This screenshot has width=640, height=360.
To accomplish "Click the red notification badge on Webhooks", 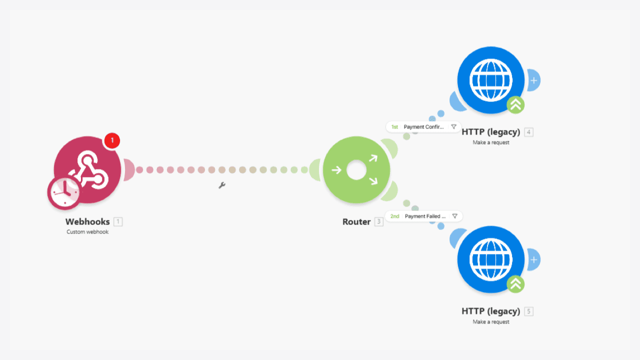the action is (112, 140).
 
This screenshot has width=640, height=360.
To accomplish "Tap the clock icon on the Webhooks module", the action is (64, 192).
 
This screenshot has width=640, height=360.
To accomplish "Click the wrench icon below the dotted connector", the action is (222, 185).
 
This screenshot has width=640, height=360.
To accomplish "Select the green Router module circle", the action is (356, 169).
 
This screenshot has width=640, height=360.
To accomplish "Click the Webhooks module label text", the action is (87, 221).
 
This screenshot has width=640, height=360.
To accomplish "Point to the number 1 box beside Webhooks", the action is (118, 221).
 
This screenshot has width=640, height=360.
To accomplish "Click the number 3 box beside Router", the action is (379, 221).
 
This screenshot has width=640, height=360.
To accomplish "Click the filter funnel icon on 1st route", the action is (453, 127).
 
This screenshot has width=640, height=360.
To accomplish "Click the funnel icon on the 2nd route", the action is (455, 216).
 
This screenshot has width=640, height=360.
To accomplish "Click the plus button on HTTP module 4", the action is (533, 80).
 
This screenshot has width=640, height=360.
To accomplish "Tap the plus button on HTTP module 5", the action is (533, 259).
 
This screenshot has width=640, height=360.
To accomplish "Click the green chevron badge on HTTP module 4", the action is (515, 105).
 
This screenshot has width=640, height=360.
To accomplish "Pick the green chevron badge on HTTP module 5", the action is (515, 284).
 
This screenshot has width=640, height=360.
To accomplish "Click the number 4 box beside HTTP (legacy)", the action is (529, 132).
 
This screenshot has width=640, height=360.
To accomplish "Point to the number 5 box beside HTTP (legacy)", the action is (529, 311).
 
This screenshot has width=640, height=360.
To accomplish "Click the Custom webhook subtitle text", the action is (87, 232).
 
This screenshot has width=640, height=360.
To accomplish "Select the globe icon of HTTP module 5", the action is (491, 259).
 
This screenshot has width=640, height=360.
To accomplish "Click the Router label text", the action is (356, 221).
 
